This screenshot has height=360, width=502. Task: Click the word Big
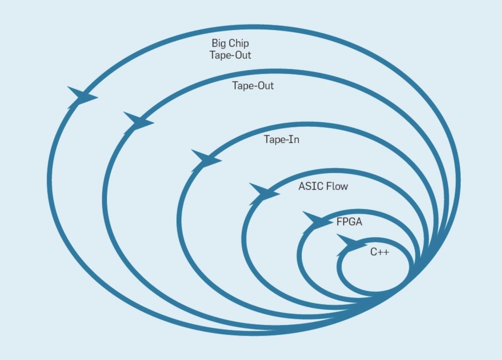click(218, 44)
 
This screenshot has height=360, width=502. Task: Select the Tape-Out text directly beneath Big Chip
click(230, 55)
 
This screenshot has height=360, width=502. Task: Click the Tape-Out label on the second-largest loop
click(253, 86)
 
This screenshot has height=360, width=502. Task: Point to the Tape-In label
click(281, 140)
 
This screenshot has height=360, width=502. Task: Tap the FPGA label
click(349, 222)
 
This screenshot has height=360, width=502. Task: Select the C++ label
click(379, 253)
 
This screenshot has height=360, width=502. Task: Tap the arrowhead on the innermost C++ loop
click(350, 243)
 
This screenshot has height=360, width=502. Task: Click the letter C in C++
click(373, 253)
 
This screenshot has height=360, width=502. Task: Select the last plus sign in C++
click(386, 253)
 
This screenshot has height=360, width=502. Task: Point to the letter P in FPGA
click(345, 222)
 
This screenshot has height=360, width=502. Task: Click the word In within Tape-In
click(294, 140)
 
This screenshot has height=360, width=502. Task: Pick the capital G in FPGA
click(351, 222)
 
